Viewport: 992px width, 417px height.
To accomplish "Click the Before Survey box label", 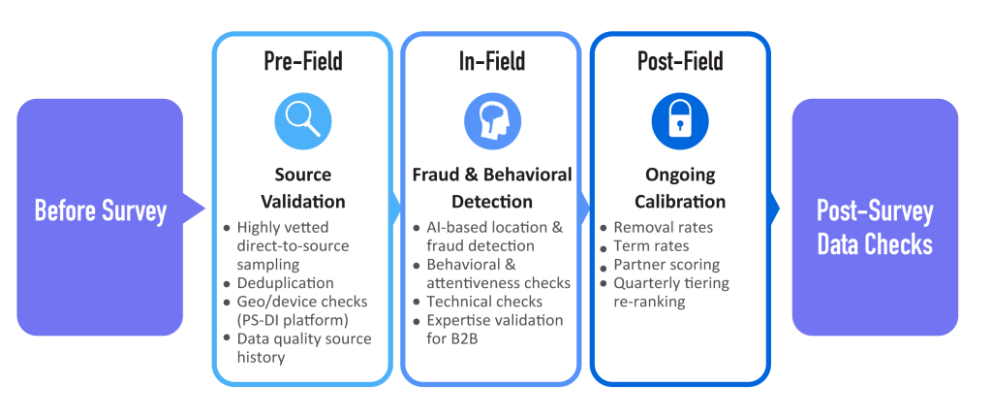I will tap(100, 210).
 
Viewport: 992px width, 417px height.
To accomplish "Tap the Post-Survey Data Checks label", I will tap(875, 227).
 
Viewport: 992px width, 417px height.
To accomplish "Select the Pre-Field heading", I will tap(302, 62).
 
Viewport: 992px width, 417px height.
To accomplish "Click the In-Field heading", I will tap(491, 62).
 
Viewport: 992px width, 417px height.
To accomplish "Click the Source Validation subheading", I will tap(302, 188).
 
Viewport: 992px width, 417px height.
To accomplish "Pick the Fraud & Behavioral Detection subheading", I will tap(491, 188).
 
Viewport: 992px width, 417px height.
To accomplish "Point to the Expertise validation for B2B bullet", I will tap(494, 329).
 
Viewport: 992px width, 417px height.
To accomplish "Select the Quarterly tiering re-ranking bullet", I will tap(670, 292).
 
